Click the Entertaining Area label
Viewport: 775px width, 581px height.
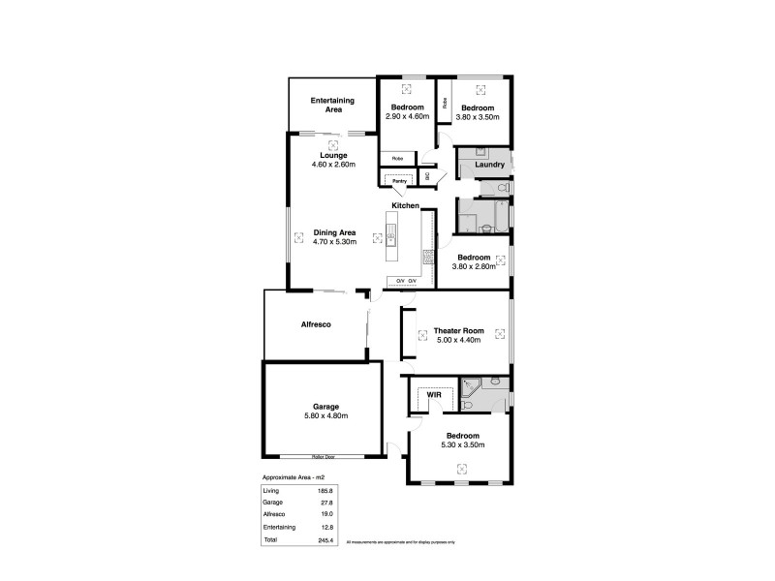pos(332,105)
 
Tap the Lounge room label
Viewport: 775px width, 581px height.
pos(334,155)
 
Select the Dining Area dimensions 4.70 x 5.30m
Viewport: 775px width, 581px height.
pos(335,242)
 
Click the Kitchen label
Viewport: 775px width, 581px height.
pos(405,206)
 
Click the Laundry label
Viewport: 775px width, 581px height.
pos(490,165)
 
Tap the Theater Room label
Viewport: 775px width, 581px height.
pos(460,330)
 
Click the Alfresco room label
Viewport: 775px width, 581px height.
pos(315,324)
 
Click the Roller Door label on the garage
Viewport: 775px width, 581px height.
pos(323,456)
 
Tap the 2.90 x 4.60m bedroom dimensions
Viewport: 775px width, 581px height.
pos(407,117)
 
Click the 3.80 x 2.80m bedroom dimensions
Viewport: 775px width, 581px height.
pos(474,266)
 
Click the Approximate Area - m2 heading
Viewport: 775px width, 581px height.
pos(298,478)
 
